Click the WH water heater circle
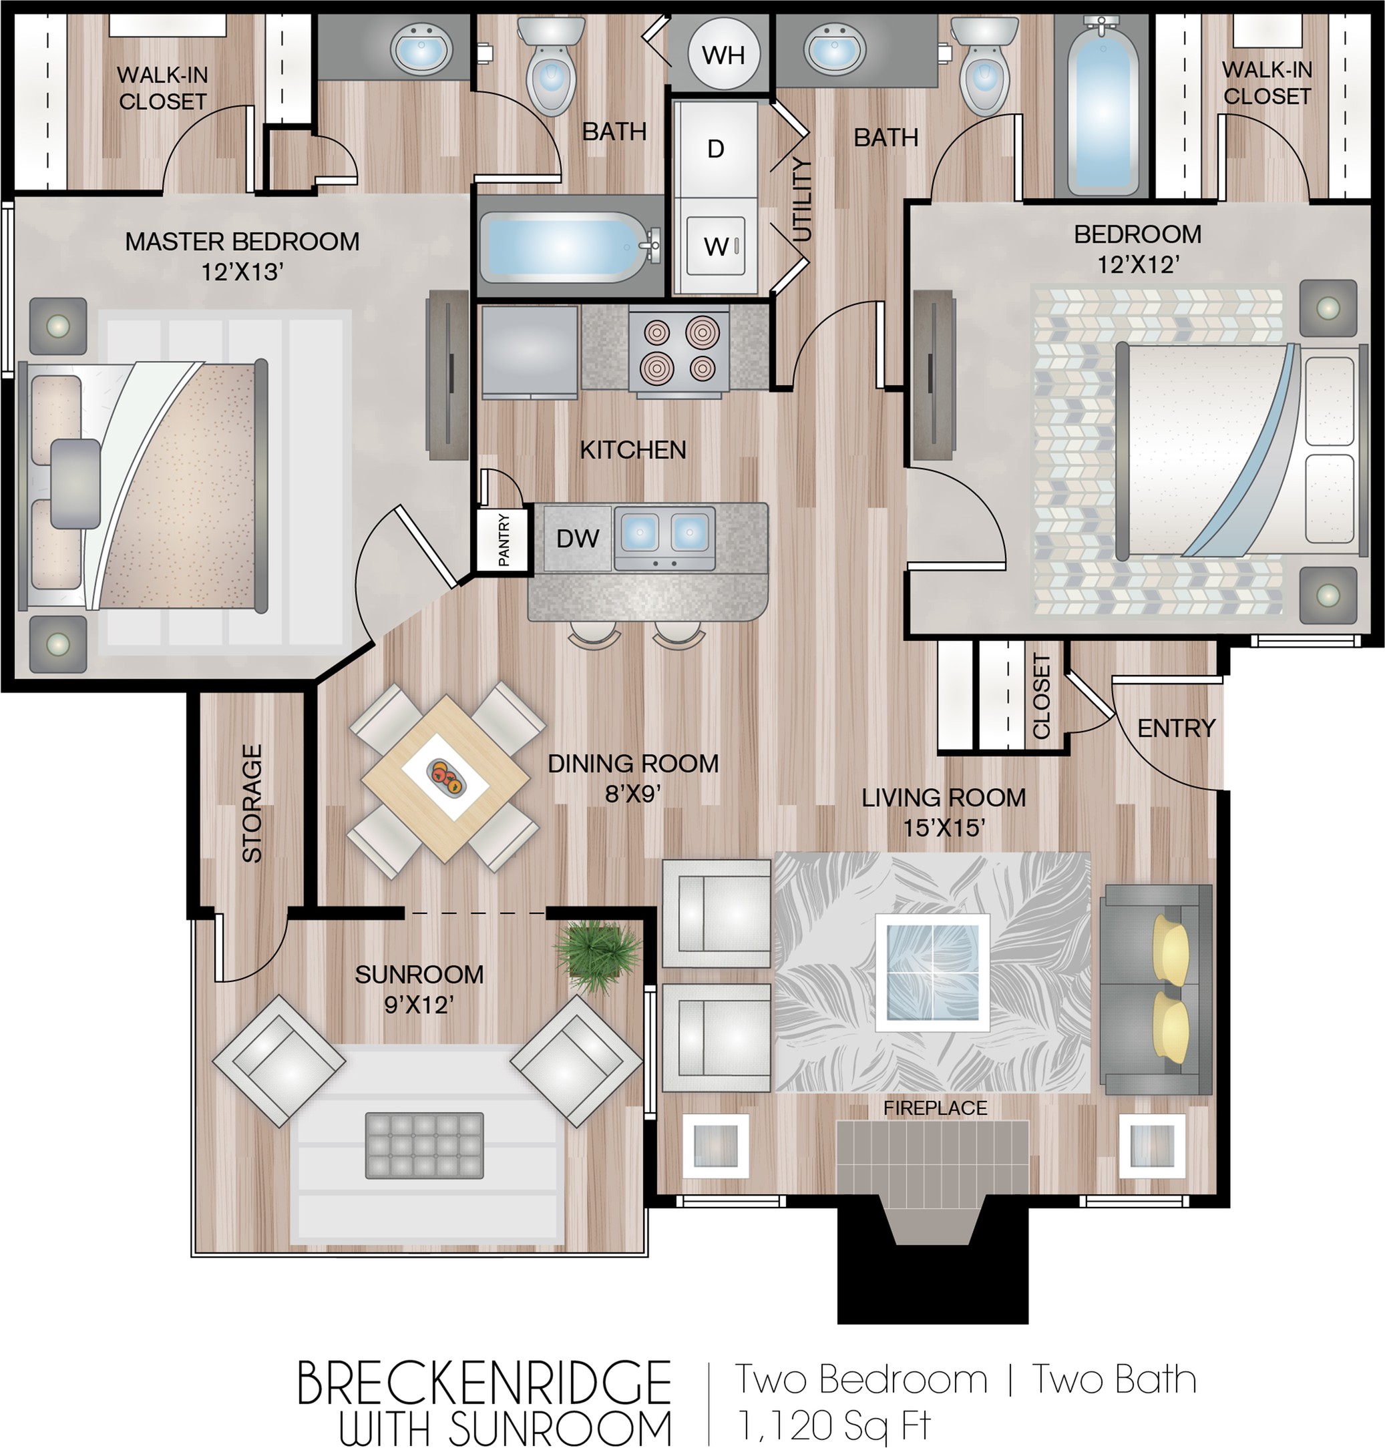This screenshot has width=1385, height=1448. (723, 55)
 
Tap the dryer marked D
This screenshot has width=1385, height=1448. (715, 149)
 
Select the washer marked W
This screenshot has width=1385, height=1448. (715, 246)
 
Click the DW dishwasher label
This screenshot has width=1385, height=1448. (578, 538)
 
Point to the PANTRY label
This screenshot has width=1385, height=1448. (504, 539)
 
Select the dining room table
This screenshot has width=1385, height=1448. (446, 778)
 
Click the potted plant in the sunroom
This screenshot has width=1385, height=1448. (596, 957)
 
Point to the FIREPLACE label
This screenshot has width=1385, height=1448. (935, 1108)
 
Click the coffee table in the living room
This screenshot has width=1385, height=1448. (932, 973)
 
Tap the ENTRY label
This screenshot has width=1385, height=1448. (1176, 728)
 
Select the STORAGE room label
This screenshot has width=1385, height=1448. (252, 803)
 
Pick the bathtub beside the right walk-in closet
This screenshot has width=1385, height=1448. (1101, 107)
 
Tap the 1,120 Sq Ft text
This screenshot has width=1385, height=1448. (834, 1425)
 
